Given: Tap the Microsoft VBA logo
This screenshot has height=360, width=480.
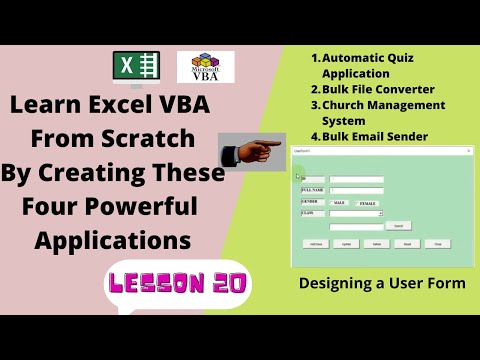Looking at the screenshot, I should [x=205, y=68].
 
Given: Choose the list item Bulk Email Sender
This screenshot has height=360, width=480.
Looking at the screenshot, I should [x=374, y=136].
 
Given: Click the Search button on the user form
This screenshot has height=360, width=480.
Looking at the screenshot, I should [x=397, y=226].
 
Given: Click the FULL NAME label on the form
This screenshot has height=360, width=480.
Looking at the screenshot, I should [x=313, y=189].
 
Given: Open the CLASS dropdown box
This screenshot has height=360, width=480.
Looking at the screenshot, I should [x=380, y=213].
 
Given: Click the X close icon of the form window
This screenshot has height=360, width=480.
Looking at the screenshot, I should [x=468, y=150].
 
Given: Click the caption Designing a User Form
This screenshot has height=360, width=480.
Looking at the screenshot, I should [x=382, y=284].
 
